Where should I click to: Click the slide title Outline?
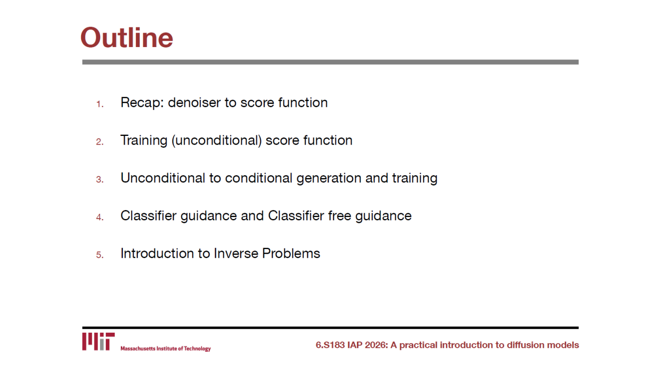[127, 38]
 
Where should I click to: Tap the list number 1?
[100, 104]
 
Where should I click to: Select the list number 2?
[100, 142]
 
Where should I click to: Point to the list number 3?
[100, 179]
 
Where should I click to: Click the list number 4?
[100, 218]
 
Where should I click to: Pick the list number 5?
[100, 255]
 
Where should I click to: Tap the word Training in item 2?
[144, 140]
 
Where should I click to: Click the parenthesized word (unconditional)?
[216, 140]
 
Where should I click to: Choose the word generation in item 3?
[329, 178]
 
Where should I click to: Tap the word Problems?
[291, 253]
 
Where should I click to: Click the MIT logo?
[98, 342]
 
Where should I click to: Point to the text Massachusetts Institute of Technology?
[166, 349]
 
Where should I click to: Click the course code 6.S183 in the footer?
[330, 345]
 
